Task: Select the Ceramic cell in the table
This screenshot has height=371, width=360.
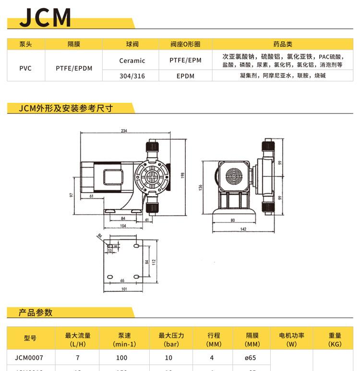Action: tap(132, 61)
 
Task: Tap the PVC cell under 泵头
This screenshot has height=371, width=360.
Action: tap(25, 68)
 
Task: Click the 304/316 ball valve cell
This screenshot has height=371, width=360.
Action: tap(132, 76)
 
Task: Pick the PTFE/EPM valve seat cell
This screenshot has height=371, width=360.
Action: tap(185, 61)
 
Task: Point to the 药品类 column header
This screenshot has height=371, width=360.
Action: tap(283, 44)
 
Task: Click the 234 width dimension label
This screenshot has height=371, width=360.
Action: tap(124, 131)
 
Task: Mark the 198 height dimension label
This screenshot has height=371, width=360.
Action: tap(183, 176)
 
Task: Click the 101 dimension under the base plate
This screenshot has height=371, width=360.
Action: tap(124, 289)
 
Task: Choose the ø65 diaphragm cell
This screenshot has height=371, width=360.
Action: tap(252, 358)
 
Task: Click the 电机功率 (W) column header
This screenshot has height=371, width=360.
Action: tap(291, 339)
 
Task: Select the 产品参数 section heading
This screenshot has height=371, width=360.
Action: tap(36, 313)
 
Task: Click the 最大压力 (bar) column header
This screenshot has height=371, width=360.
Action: tap(171, 339)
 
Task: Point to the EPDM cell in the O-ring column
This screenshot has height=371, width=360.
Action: tap(185, 76)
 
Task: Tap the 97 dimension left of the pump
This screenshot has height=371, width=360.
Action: tap(71, 195)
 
